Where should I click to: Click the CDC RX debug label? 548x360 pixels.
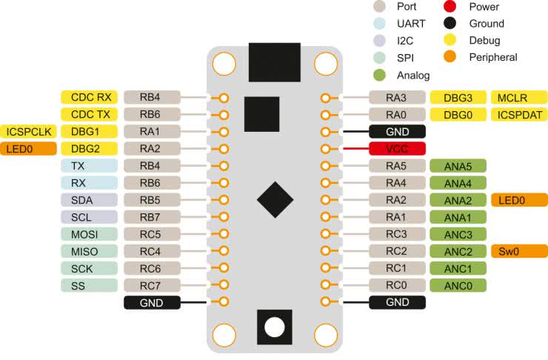point(90,97)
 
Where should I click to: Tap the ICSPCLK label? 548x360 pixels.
point(28,131)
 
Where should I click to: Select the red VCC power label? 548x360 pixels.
point(397,148)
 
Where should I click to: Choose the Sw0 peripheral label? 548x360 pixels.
point(518,250)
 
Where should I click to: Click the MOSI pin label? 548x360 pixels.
point(90,234)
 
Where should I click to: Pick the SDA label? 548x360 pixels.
point(90,200)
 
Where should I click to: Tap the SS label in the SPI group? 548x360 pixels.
point(90,285)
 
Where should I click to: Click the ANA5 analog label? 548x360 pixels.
point(458,165)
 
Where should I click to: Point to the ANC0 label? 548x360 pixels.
point(458,285)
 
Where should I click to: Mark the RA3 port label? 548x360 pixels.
point(397,97)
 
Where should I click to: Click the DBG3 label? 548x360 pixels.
point(458,97)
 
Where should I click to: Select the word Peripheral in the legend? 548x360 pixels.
point(492,57)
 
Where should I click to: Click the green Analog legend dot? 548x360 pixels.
point(380,74)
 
